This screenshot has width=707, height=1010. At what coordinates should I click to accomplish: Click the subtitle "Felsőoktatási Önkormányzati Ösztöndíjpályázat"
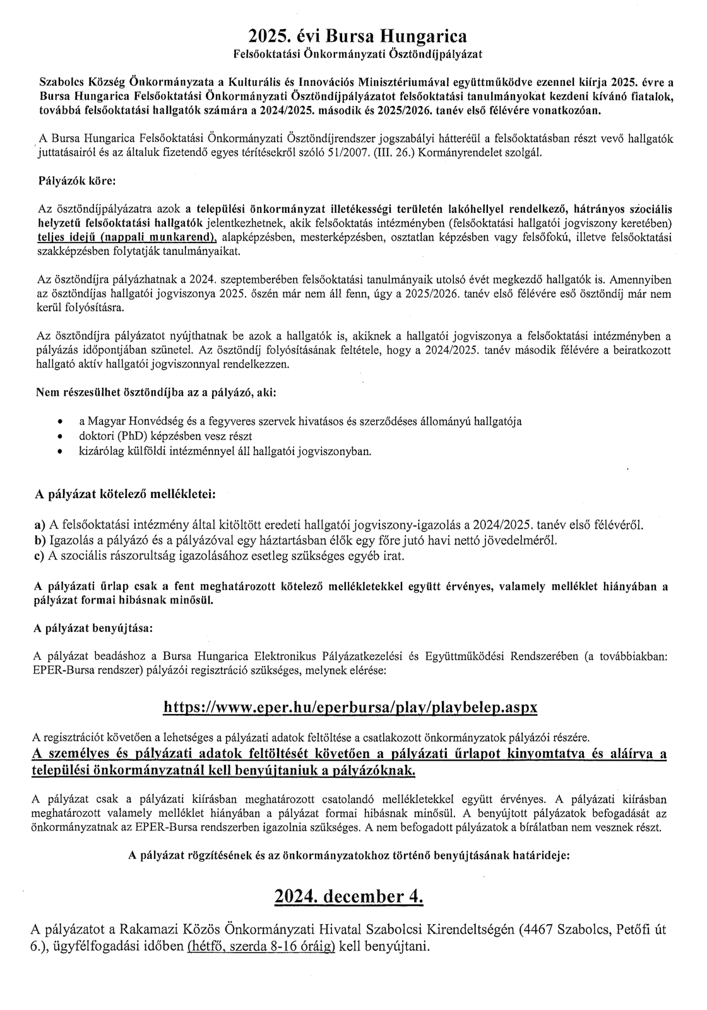[353, 54]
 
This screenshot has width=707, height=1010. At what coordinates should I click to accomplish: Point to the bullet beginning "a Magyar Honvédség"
[300, 421]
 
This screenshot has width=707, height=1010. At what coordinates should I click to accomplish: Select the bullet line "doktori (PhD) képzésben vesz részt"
[165, 436]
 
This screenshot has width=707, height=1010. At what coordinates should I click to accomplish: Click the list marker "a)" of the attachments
[39, 525]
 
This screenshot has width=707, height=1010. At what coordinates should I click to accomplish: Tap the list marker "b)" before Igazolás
[39, 540]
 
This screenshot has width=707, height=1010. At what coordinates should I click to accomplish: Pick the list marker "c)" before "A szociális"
[39, 556]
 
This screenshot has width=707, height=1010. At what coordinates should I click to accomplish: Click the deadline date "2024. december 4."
[349, 896]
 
